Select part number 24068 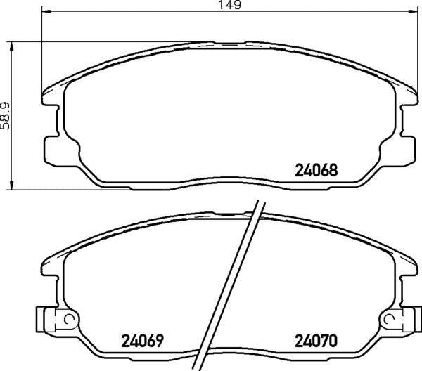pyautogui.click(x=316, y=170)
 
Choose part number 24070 pyautogui.click(x=316, y=341)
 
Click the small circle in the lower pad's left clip pyautogui.click(x=68, y=320)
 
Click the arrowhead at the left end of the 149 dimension pyautogui.click(x=46, y=12)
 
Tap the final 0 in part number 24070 pyautogui.click(x=335, y=341)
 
